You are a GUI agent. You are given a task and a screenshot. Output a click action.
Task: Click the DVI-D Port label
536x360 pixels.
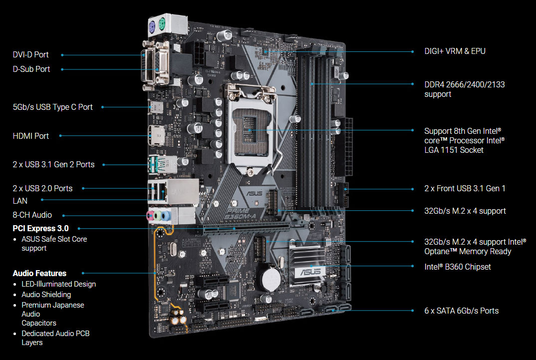[x=30, y=55]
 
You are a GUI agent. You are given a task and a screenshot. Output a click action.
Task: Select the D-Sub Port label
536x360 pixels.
[x=31, y=69]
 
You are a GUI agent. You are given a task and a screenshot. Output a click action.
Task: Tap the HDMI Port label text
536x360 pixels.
[x=31, y=136]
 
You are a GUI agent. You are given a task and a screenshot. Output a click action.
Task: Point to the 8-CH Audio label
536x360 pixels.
[x=32, y=215]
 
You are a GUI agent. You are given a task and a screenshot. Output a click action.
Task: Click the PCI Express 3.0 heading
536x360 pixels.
[x=41, y=228]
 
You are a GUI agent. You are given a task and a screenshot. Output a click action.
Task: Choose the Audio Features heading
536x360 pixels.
[x=39, y=274]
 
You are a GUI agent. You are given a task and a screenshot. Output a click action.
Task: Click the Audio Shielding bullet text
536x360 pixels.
[x=46, y=295]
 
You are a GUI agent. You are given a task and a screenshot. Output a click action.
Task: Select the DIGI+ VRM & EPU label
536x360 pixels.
[x=455, y=51]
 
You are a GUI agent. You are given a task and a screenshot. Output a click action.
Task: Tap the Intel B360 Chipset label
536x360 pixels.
[x=457, y=267]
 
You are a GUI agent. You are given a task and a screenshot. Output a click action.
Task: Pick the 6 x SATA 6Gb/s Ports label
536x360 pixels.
[x=462, y=311]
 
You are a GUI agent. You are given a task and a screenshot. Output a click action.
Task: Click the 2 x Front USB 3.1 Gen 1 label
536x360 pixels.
[x=465, y=189]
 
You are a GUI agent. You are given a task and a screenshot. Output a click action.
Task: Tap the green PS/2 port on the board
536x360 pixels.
[x=162, y=24]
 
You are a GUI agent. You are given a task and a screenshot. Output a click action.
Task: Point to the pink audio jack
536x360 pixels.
[x=150, y=215]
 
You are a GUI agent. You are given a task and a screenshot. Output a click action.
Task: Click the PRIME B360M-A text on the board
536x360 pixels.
[x=241, y=214]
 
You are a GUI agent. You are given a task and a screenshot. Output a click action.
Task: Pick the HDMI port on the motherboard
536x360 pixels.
[x=156, y=136]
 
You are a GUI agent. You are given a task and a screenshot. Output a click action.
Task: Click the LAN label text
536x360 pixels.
[x=20, y=201]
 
